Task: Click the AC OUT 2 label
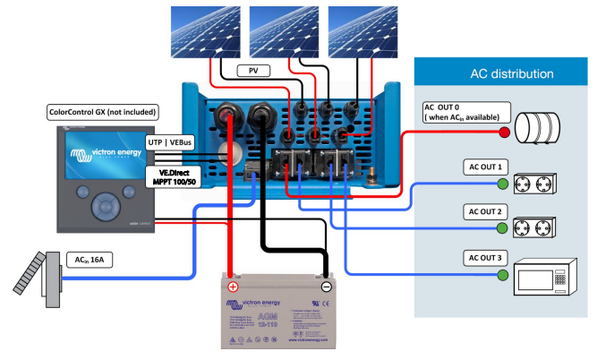pos(485,212)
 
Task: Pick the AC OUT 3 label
pos(485,258)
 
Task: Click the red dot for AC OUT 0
pos(504,133)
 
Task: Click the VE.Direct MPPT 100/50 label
pos(173,177)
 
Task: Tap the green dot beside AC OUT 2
pos(503,230)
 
